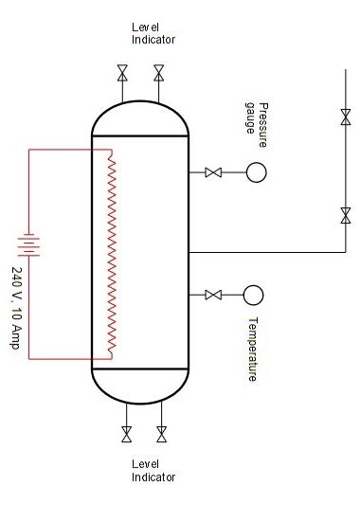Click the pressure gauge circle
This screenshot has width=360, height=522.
tap(256, 172)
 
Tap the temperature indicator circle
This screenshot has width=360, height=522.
tap(253, 295)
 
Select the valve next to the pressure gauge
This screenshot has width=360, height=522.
tap(214, 172)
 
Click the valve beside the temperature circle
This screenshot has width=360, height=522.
tap(214, 295)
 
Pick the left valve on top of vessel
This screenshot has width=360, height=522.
tap(122, 73)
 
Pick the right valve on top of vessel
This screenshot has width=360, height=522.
tap(158, 73)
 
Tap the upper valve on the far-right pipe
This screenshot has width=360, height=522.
tap(345, 117)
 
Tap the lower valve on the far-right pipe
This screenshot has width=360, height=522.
tap(345, 216)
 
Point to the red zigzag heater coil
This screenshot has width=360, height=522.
tap(112, 256)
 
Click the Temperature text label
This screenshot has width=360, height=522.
tap(253, 349)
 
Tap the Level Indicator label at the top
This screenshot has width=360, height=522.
tap(153, 34)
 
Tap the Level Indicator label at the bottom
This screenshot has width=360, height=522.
tap(153, 470)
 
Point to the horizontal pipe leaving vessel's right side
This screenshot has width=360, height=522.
tap(265, 253)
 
